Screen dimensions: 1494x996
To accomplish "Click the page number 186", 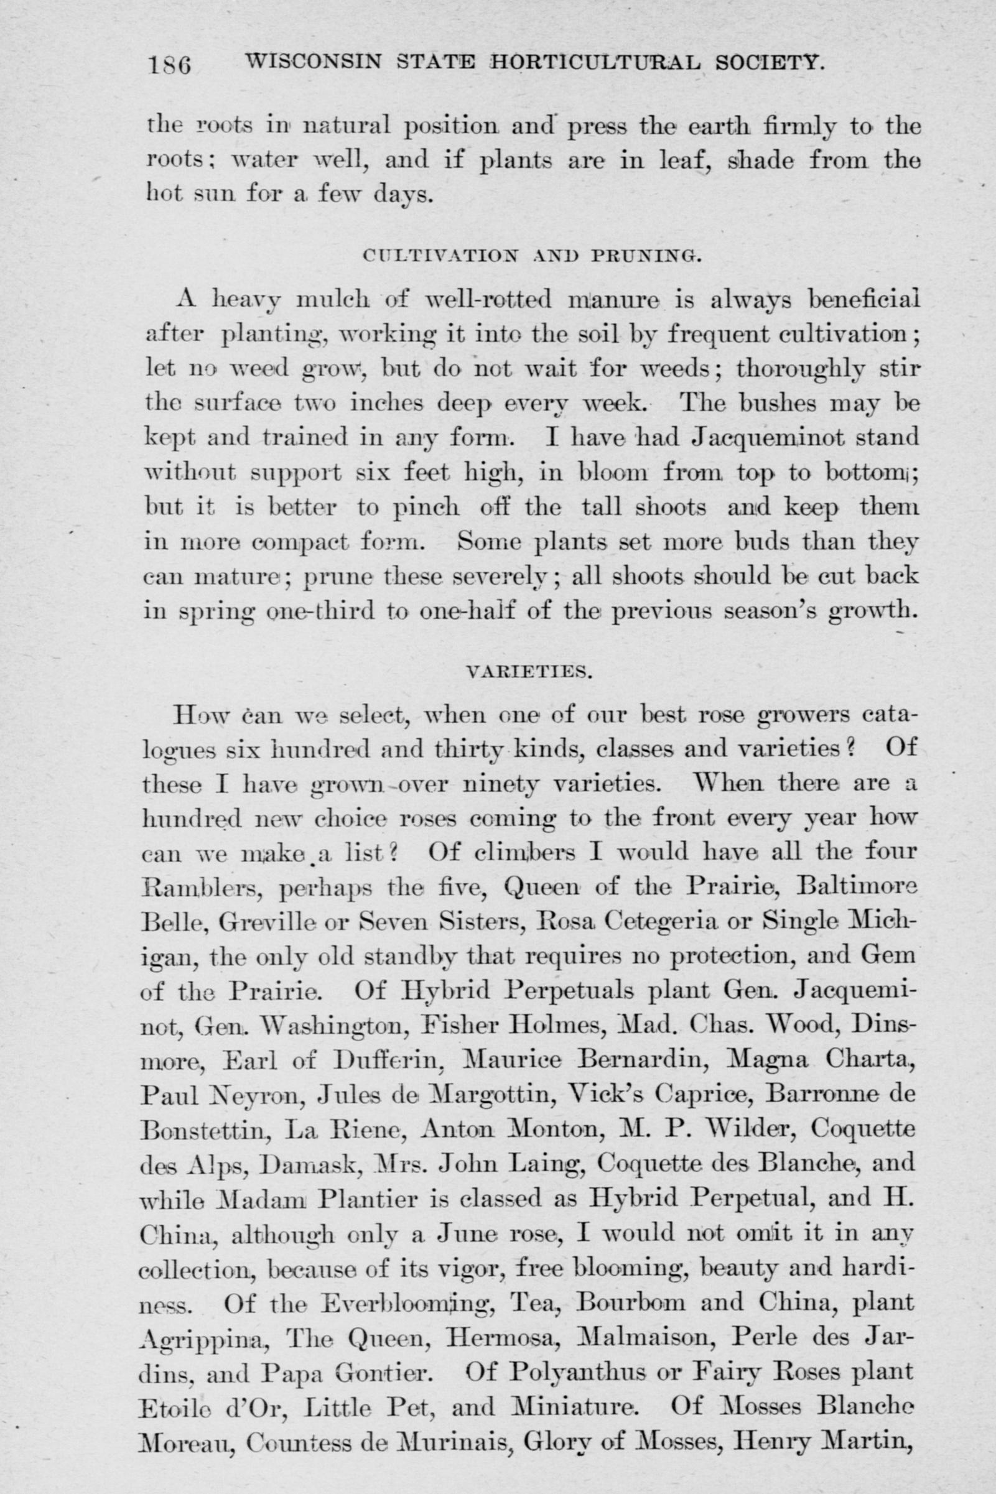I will click(x=170, y=64).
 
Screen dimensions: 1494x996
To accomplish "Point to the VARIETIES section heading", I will click(x=529, y=673).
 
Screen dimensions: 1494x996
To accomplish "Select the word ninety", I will click(x=495, y=784).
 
